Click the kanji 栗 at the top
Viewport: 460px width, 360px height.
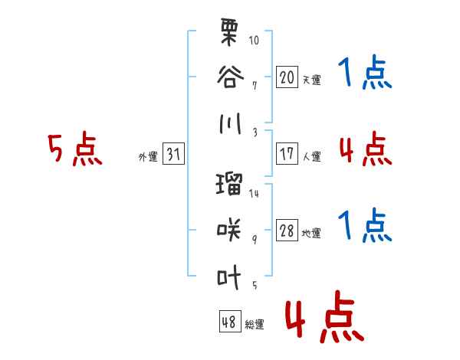click(228, 32)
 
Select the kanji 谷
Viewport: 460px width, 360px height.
click(230, 77)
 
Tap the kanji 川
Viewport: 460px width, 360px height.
click(230, 123)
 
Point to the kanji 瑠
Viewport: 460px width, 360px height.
click(229, 184)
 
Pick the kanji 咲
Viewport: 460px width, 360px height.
click(228, 230)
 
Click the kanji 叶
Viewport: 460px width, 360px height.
click(228, 277)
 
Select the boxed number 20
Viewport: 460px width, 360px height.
click(287, 77)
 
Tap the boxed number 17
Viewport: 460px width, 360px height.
click(287, 154)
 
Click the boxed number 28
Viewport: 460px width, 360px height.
click(287, 230)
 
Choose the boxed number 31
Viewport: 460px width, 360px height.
click(173, 154)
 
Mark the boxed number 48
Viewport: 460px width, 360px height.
click(230, 321)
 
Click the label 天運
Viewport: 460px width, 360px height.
click(312, 80)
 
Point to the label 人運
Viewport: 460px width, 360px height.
click(312, 156)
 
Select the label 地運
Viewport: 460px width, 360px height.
click(311, 234)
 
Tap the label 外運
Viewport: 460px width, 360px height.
click(148, 157)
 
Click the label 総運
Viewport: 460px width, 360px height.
click(255, 325)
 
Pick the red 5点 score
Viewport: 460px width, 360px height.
click(75, 149)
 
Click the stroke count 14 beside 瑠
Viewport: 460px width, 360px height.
click(254, 194)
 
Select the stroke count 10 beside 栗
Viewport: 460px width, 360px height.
click(254, 40)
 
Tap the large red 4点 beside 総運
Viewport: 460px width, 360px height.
click(325, 316)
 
